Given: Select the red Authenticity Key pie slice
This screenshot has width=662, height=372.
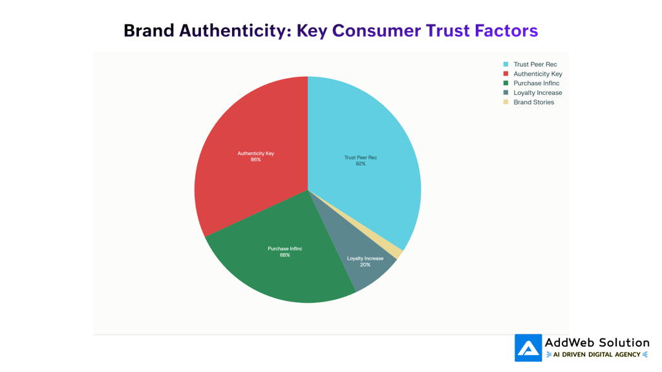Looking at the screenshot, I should [252, 129].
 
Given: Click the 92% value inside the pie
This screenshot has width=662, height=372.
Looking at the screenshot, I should [360, 164].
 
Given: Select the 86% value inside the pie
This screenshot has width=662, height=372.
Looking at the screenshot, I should [256, 160].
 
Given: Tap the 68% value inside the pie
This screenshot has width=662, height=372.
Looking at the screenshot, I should [285, 255].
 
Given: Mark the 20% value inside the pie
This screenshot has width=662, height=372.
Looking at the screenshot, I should [365, 265].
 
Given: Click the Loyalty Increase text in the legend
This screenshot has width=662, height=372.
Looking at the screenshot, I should [538, 93].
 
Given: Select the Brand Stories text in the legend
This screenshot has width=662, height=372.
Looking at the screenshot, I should [534, 102].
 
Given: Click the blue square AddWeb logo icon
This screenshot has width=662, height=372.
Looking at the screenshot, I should [528, 347].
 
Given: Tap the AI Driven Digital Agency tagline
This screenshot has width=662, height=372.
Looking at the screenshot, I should [597, 355].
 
